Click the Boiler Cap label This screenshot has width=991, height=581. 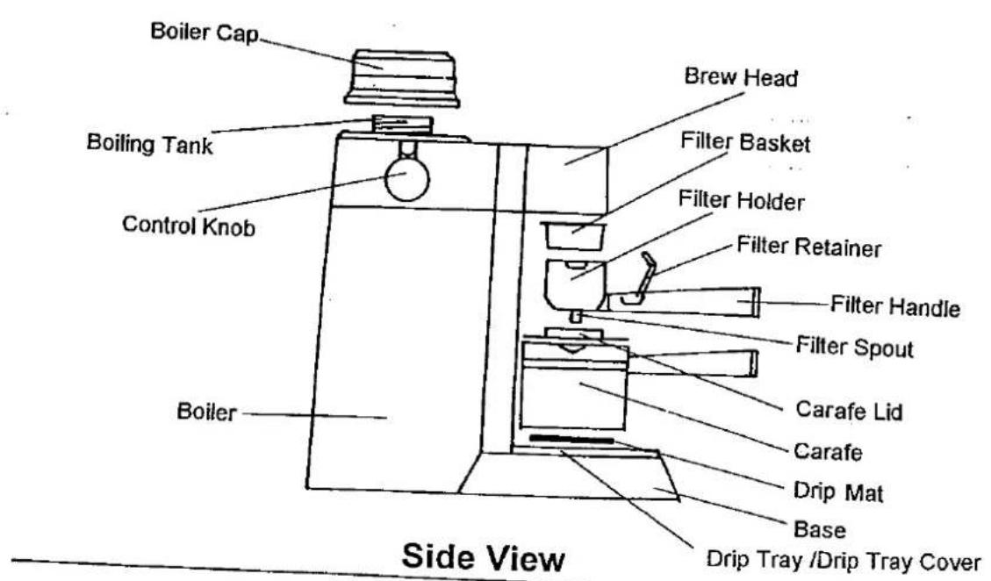tap(205, 32)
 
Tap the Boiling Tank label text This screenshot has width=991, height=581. tap(150, 144)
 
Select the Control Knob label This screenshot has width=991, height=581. tap(189, 226)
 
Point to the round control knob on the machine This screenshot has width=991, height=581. tap(407, 180)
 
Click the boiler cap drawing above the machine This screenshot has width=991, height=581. tap(402, 78)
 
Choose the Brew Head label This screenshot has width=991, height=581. tap(741, 77)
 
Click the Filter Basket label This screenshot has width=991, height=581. tap(745, 141)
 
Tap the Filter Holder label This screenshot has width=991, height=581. tap(742, 200)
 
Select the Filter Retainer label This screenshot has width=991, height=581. tap(809, 246)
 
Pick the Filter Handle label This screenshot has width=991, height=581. tap(895, 306)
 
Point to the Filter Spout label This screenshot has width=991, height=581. tap(854, 347)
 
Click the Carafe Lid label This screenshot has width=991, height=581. tap(849, 411)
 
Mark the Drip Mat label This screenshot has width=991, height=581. tap(838, 491)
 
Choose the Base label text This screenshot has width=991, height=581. tap(819, 529)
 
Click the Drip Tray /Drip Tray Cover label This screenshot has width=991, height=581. tap(844, 561)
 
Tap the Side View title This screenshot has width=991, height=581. tap(484, 557)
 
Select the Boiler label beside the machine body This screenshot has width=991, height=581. tap(206, 412)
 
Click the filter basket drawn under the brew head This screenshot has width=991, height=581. tap(573, 235)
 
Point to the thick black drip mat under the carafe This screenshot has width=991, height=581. tap(571, 439)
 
